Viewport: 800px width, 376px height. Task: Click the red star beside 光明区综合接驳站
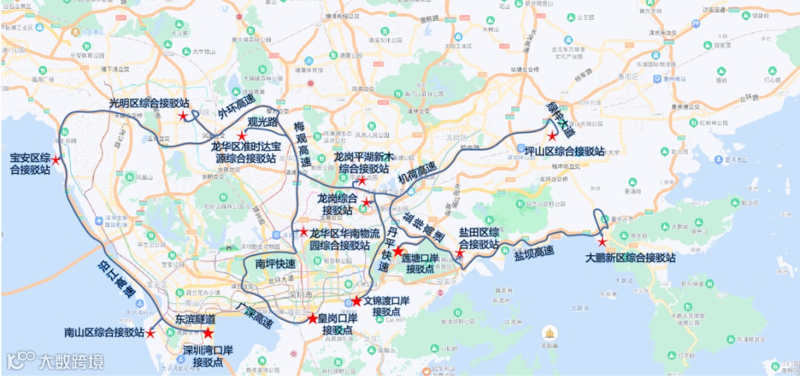tap(182, 116)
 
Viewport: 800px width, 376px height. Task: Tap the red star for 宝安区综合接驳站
tap(56, 159)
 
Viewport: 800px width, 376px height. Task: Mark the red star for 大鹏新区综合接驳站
tap(602, 242)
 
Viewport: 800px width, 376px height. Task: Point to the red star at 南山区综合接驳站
tap(151, 333)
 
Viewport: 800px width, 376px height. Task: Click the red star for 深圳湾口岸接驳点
tap(208, 334)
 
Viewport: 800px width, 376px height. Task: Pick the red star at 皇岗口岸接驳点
tap(313, 318)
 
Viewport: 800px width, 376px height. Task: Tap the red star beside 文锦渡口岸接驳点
tap(356, 301)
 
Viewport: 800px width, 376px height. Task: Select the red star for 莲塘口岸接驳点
tap(398, 252)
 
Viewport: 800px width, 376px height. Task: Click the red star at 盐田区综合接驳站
tap(459, 255)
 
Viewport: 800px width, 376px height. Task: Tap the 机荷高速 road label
tap(417, 172)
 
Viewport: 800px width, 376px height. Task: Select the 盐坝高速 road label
tap(534, 253)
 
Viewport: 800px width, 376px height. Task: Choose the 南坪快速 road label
tap(275, 263)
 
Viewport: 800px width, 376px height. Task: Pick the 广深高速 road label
tap(254, 314)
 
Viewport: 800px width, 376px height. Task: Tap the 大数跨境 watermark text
tap(71, 362)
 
